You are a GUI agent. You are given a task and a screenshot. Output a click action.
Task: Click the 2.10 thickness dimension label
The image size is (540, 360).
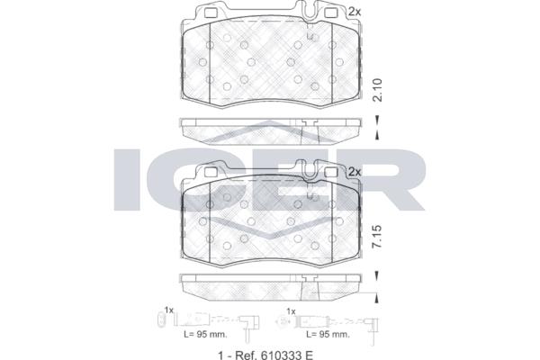378,90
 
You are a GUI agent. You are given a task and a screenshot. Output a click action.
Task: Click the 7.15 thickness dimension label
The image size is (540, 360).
378,237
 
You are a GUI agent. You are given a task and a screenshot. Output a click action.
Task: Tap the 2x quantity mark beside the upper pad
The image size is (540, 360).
355,12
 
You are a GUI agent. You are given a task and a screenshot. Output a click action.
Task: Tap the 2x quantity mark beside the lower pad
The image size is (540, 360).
355,171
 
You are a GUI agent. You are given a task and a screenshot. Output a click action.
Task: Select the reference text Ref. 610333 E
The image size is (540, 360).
274,355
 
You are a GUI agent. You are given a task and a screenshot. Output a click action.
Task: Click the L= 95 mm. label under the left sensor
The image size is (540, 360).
205,334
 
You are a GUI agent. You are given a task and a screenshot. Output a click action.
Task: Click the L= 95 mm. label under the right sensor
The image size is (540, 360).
328,334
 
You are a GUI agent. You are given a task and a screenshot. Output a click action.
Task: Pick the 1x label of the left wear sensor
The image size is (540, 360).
169,310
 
